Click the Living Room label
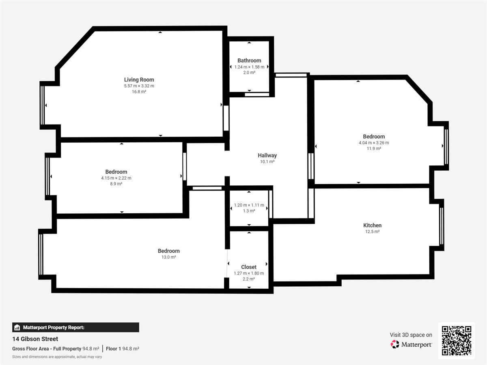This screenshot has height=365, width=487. [x=139, y=79]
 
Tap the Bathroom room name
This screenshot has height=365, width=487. [x=249, y=60]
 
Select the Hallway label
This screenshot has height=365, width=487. [x=267, y=155]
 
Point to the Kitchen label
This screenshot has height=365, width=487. [x=372, y=225]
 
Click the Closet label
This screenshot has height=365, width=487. [x=249, y=267]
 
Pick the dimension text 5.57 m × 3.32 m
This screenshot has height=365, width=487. [x=139, y=86]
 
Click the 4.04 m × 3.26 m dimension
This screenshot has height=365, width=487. [x=374, y=143]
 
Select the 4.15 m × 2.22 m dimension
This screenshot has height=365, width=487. [x=116, y=178]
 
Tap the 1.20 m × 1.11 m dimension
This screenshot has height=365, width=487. [x=249, y=205]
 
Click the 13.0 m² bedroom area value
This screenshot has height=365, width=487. [x=168, y=257]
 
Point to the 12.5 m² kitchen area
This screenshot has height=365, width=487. [x=372, y=232]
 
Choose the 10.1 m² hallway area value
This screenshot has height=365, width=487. [x=267, y=161]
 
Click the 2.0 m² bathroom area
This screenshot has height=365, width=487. [x=249, y=73]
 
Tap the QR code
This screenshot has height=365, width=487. [x=457, y=341]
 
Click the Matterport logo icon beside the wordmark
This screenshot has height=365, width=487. [x=395, y=344]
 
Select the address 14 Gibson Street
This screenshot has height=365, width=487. [x=35, y=339]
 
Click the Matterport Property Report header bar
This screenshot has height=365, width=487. [x=75, y=327]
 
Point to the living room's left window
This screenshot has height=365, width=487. [x=42, y=105]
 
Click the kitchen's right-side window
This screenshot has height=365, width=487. [x=442, y=225]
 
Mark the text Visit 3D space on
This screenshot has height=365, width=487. [x=411, y=335]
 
